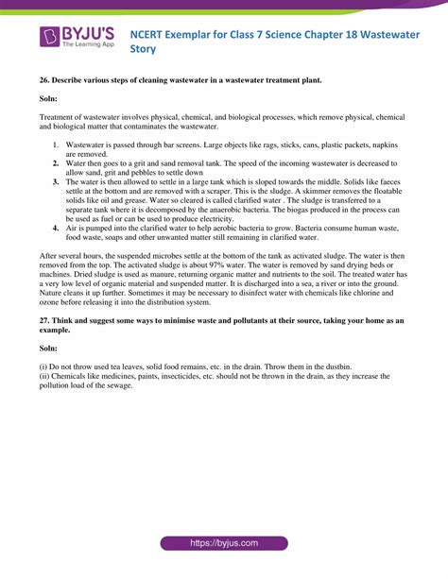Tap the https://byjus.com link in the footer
[x=223, y=544]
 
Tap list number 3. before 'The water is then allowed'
[x=56, y=180]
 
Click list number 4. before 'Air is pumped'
[x=56, y=228]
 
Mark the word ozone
[x=49, y=303]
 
